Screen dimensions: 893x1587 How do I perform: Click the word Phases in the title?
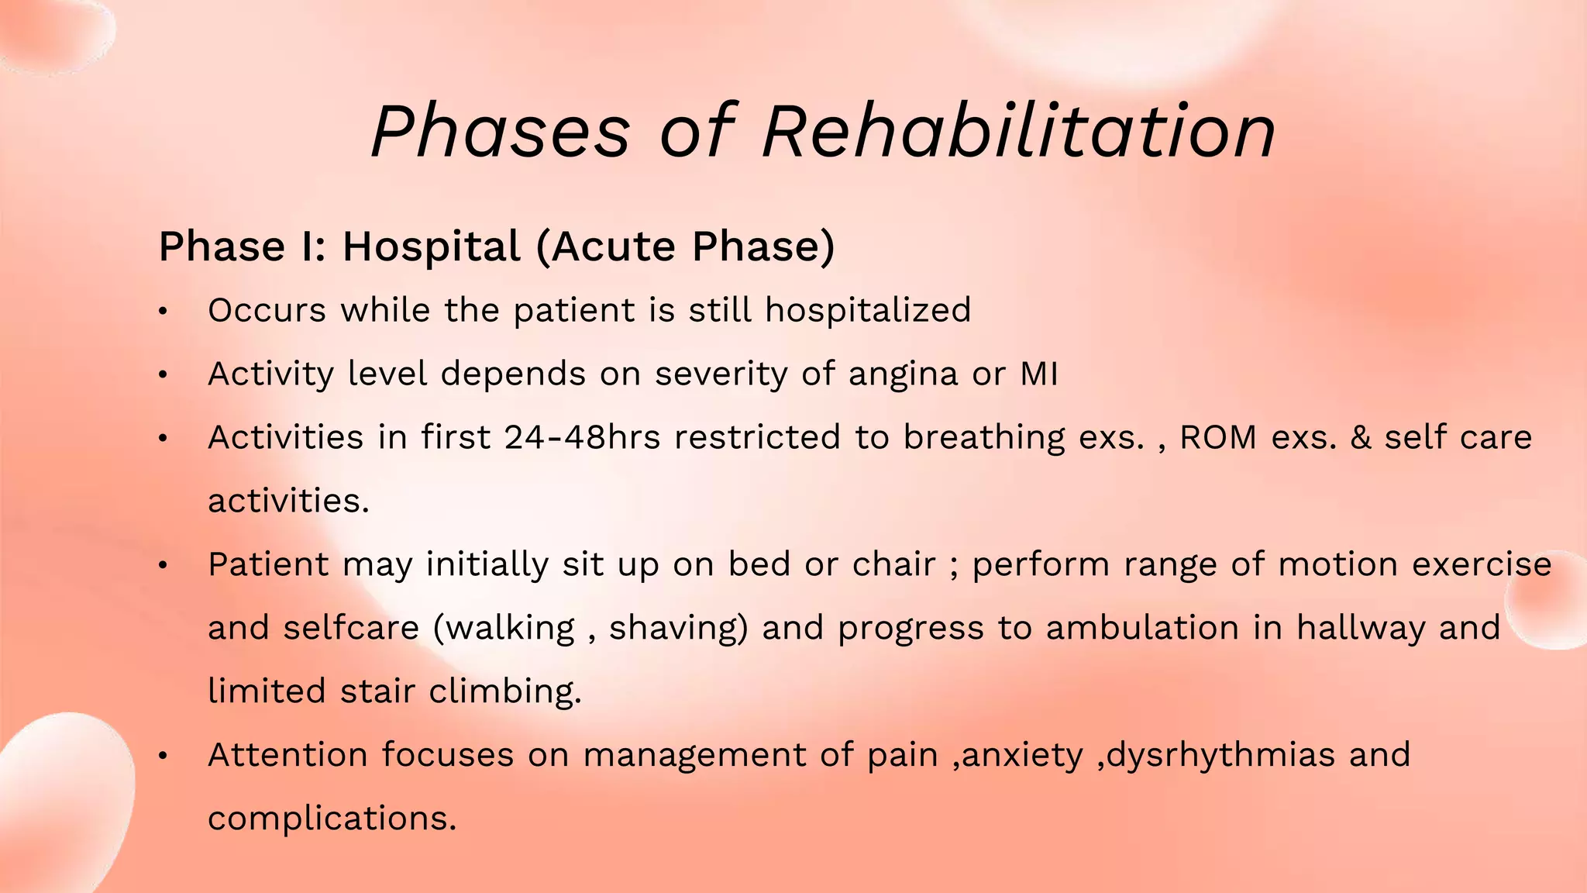[501, 132]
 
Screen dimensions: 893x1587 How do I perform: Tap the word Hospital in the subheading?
[432, 247]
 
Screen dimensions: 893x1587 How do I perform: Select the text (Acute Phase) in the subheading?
[686, 247]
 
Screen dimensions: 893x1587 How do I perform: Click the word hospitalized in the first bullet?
[868, 311]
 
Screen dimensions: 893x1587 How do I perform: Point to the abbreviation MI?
[1038, 374]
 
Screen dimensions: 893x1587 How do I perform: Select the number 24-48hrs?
[582, 438]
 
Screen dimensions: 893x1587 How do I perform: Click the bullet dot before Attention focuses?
[163, 756]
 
